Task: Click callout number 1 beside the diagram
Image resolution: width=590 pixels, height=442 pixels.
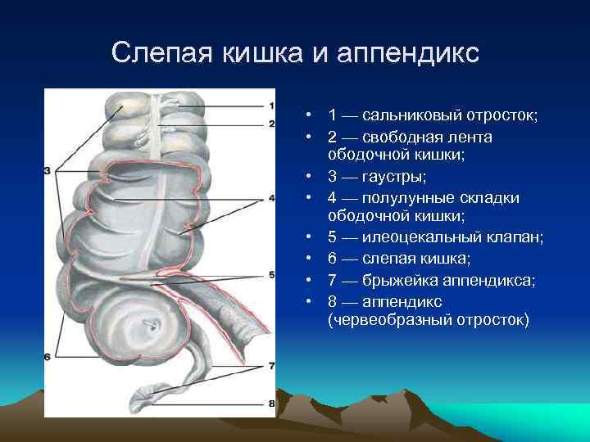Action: click(271, 106)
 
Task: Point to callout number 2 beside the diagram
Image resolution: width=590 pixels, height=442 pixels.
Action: click(271, 124)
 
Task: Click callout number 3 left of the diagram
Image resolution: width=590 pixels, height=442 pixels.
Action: click(48, 170)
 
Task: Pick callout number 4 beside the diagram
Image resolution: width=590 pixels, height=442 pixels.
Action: click(271, 198)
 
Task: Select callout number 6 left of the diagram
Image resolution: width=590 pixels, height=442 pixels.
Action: click(48, 356)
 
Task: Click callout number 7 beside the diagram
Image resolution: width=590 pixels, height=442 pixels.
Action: click(271, 365)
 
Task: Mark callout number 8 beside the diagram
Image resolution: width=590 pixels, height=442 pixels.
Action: click(271, 403)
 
